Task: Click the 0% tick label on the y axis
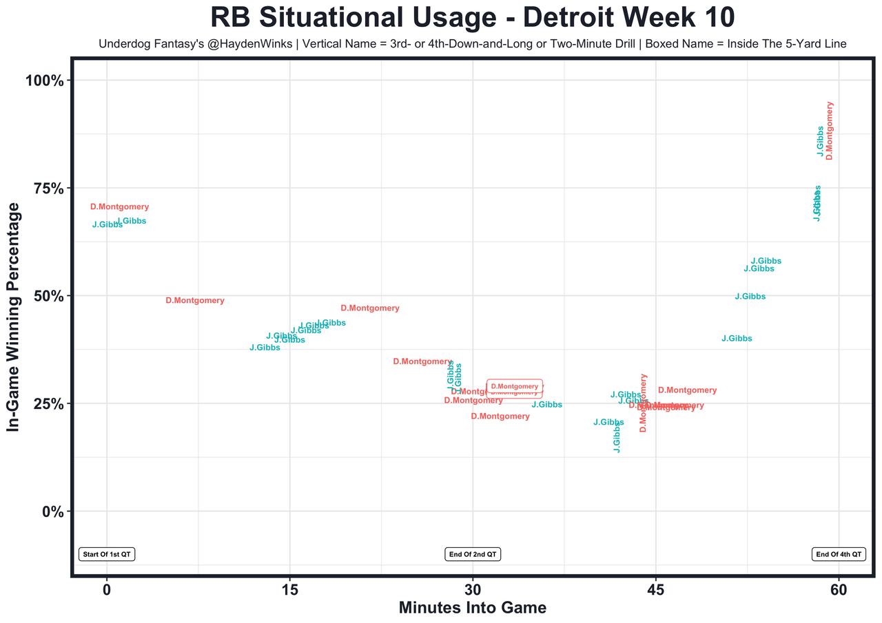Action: click(x=52, y=511)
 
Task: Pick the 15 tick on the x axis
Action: click(x=289, y=590)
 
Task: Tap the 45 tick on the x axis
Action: click(x=655, y=590)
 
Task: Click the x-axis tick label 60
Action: click(x=839, y=590)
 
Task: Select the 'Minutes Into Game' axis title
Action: click(x=473, y=608)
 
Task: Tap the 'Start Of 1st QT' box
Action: click(x=107, y=554)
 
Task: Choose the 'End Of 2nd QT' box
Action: click(x=473, y=554)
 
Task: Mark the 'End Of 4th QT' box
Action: click(x=839, y=554)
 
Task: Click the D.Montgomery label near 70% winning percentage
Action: click(x=119, y=207)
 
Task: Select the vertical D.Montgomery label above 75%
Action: click(x=830, y=131)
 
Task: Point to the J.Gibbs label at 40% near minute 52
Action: click(x=737, y=339)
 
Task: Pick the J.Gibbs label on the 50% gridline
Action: click(x=750, y=297)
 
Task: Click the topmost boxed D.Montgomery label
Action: click(x=515, y=386)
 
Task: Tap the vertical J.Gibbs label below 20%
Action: click(x=617, y=439)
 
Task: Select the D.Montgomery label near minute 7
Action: click(x=195, y=301)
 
